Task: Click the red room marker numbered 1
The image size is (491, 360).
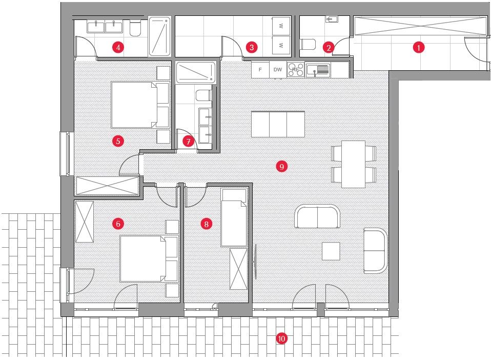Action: point(419,48)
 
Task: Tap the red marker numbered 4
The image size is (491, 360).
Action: point(118,48)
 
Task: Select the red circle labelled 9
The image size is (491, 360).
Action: point(281,166)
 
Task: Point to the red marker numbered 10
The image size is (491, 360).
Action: point(281,338)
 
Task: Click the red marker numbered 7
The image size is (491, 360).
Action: point(189,141)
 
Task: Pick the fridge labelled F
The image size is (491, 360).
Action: point(260,69)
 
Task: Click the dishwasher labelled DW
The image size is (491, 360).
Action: point(278,69)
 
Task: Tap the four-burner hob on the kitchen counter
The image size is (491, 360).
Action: point(295,69)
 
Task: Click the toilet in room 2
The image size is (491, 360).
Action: point(309,46)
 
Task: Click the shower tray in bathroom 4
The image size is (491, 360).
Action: point(161,37)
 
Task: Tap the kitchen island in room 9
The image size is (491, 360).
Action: point(278,124)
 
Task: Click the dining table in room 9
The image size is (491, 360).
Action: point(354,164)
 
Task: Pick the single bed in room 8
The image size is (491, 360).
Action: point(234,216)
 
